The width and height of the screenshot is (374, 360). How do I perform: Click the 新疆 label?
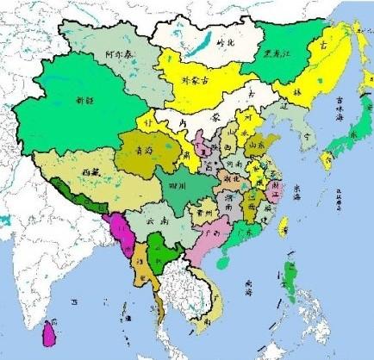pyautogui.click(x=84, y=99)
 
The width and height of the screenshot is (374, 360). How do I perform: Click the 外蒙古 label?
pyautogui.click(x=196, y=81)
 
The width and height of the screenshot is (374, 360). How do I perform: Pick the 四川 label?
pyautogui.click(x=178, y=184)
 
